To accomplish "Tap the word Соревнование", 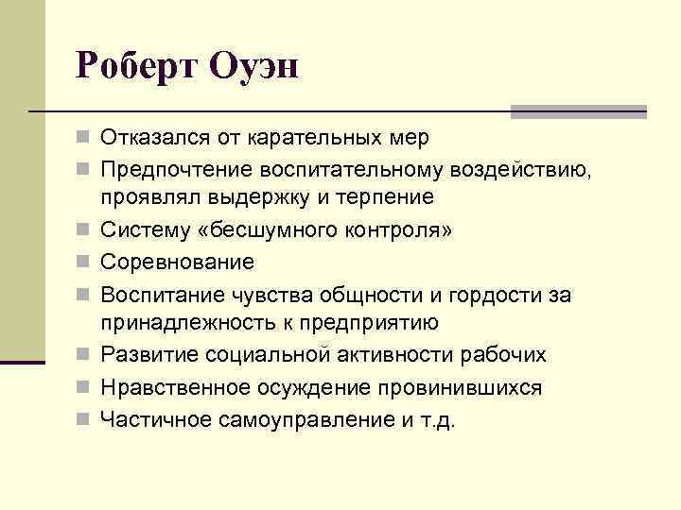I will coord(178,260).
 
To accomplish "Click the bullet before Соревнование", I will coord(86,261).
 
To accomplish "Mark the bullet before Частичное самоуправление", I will coord(86,419).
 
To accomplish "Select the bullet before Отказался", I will coord(86,139).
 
